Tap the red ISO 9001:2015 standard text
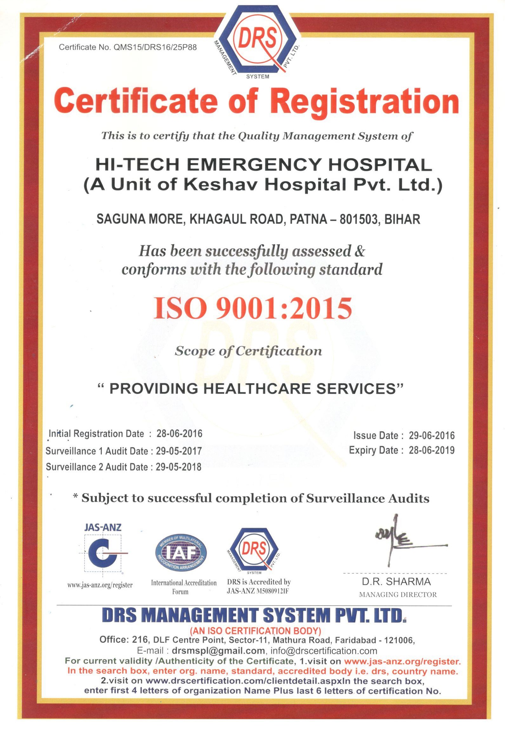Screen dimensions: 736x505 tap(253, 308)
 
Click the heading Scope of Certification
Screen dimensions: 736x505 tap(248, 351)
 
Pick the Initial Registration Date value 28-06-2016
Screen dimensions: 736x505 tap(179, 434)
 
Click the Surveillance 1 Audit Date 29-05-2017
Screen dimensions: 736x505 tap(179, 451)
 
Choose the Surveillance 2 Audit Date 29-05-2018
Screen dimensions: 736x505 tap(179, 467)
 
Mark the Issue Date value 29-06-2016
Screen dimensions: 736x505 tap(431, 436)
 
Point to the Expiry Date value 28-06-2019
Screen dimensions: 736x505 tap(431, 450)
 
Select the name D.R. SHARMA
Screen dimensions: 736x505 tap(396, 582)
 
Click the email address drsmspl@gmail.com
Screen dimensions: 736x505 tap(218, 651)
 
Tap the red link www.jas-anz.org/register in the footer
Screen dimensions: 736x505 tap(402, 662)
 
